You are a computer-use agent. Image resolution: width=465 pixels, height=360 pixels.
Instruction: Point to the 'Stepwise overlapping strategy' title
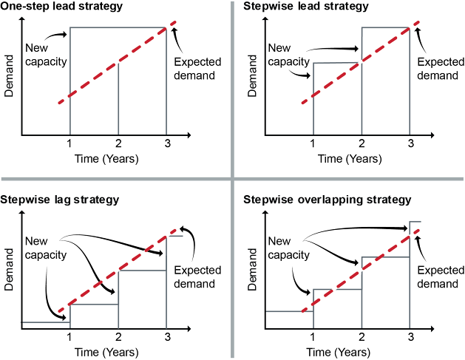click(x=327, y=200)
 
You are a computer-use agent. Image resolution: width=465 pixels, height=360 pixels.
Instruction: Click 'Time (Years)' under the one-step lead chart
click(x=106, y=158)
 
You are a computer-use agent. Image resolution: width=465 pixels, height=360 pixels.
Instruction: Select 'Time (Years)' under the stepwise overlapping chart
click(x=350, y=350)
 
